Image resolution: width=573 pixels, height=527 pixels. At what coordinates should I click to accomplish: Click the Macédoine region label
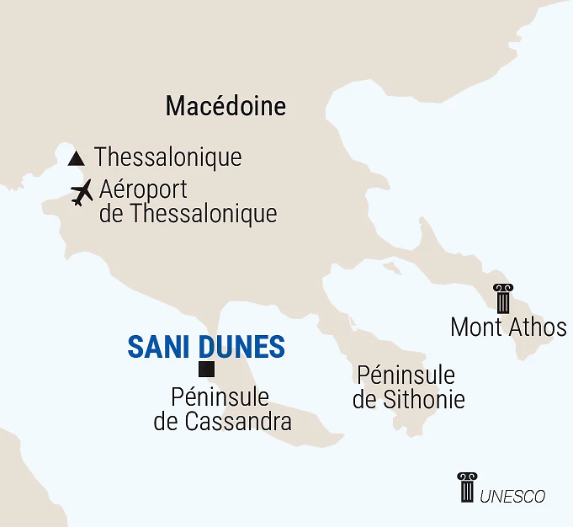[225, 106]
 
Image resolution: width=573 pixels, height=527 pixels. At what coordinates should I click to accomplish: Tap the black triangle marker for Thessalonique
[77, 157]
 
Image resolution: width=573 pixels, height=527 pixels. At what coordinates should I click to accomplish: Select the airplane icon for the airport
[82, 193]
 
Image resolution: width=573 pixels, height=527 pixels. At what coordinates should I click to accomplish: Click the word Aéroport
[143, 190]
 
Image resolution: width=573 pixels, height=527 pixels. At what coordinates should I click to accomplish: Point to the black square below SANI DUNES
[206, 369]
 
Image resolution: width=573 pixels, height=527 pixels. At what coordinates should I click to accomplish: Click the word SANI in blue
[158, 347]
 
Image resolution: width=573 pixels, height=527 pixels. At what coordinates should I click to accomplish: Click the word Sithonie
[423, 399]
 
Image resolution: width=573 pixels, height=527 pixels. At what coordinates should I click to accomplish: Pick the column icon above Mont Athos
[503, 299]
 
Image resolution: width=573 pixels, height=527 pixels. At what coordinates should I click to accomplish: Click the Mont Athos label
[508, 327]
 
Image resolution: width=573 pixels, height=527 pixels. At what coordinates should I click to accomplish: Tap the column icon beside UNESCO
[466, 487]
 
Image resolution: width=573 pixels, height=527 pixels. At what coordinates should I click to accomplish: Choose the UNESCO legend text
[512, 497]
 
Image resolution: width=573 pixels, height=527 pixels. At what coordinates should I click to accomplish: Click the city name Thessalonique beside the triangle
[167, 157]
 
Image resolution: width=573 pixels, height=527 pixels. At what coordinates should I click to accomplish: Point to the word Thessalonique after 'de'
[203, 214]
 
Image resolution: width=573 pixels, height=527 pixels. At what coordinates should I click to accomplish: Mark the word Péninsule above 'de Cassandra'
[220, 397]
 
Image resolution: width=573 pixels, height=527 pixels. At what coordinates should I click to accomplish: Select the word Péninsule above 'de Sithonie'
[406, 375]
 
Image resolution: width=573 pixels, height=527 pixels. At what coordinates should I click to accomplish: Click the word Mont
[475, 327]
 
